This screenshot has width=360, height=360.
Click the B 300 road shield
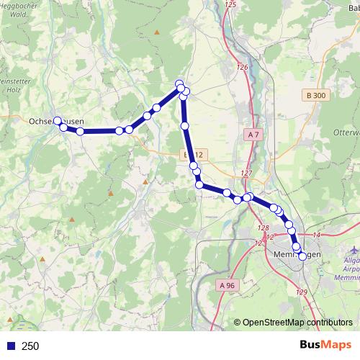[315, 95]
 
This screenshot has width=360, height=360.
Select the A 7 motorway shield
[253, 135]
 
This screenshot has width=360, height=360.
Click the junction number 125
[230, 5]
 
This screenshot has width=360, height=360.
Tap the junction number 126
[242, 68]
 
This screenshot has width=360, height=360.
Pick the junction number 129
[301, 291]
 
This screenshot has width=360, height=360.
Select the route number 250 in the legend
[30, 346]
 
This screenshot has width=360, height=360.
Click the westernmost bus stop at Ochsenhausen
[58, 121]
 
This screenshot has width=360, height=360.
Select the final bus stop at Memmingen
[302, 256]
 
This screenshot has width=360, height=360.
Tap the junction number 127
[247, 174]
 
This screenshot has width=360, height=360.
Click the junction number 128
[263, 228]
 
